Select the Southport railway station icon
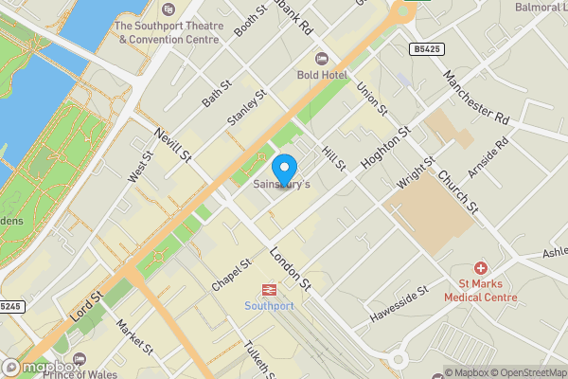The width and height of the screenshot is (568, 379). pos(270,290)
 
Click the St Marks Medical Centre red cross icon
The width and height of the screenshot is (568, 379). pos(480,269)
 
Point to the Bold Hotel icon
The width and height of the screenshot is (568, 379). pos(321,60)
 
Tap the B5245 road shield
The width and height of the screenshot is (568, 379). pos(9,306)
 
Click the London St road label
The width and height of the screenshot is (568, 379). pos(290,269)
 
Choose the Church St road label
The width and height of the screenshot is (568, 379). pos(458,189)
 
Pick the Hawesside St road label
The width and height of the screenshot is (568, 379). pos(400,305)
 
